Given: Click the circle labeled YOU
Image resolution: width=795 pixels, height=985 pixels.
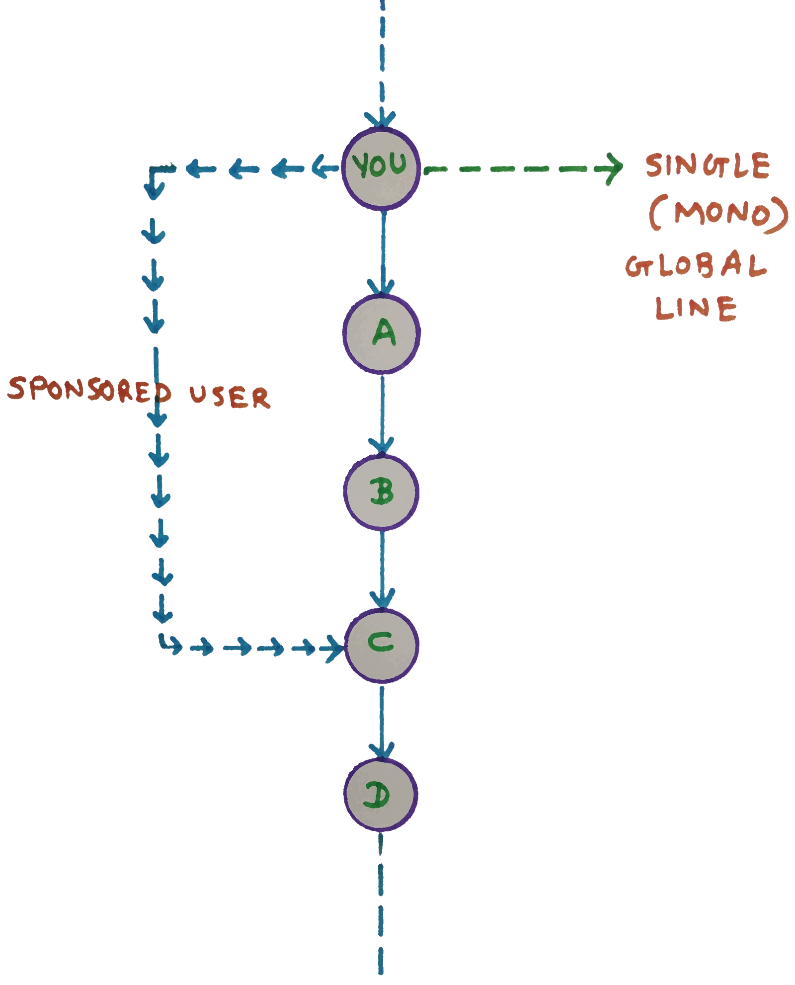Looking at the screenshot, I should coord(381,168).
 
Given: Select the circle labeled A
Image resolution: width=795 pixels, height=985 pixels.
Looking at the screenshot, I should coord(382,333).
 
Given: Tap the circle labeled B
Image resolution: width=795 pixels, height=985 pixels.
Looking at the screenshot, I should coord(382,492).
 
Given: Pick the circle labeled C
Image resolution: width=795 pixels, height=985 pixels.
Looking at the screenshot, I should coord(382,644).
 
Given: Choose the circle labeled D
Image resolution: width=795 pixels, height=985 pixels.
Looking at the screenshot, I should coord(381,795).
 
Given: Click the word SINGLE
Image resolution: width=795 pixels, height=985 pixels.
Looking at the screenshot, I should coord(708,166).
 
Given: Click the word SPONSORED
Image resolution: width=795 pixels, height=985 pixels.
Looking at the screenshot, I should coord(89,390).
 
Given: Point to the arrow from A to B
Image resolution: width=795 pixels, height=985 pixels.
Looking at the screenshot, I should coord(381,412).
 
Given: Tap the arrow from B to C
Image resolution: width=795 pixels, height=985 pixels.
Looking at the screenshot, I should coord(382,567).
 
